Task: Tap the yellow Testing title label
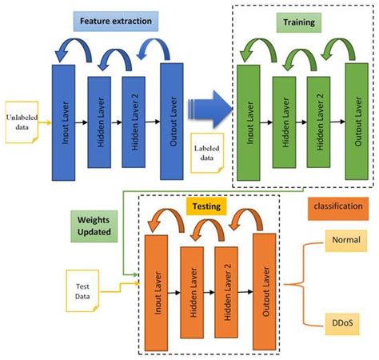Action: click(207, 206)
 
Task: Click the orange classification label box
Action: click(337, 206)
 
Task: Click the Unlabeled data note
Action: click(22, 122)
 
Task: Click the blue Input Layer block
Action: click(63, 122)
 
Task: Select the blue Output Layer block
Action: click(172, 122)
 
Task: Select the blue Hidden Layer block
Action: click(98, 122)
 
